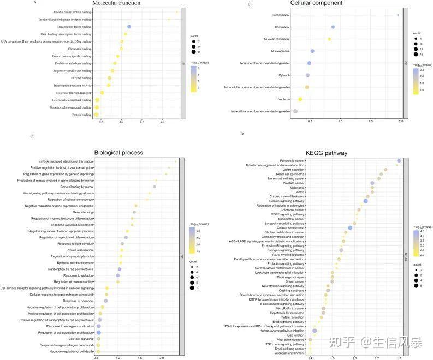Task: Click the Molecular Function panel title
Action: tap(116, 3)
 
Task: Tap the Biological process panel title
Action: tap(118, 153)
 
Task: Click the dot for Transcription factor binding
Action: tap(129, 27)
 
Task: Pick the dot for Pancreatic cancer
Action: tap(399, 161)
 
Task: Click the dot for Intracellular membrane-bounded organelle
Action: tap(295, 111)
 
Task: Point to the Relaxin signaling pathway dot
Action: tap(365, 201)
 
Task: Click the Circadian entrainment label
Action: tap(289, 353)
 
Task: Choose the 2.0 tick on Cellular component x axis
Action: tap(401, 119)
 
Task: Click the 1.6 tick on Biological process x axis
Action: tap(140, 357)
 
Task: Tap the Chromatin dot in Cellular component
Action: tap(333, 27)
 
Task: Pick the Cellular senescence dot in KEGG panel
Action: tap(350, 228)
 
